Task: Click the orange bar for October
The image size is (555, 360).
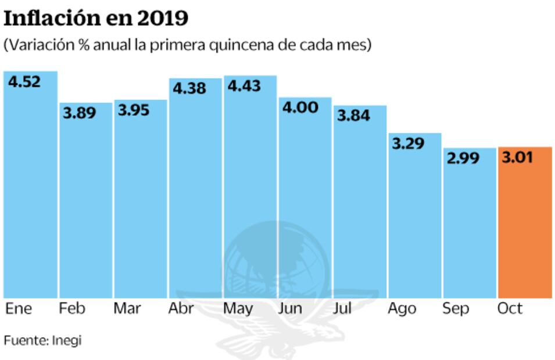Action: (x=525, y=226)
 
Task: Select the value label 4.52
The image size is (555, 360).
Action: (x=24, y=82)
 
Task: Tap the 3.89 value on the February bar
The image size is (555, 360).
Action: (x=80, y=114)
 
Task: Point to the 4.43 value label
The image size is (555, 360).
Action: (x=244, y=87)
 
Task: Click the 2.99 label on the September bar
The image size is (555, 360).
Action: (x=463, y=159)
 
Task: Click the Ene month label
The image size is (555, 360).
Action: (x=19, y=308)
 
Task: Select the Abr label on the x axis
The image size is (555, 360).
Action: (x=181, y=308)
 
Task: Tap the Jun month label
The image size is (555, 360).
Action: (x=290, y=308)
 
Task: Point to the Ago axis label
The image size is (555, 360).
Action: (x=402, y=308)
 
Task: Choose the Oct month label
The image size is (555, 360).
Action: (x=510, y=308)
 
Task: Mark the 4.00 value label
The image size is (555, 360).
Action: (x=299, y=107)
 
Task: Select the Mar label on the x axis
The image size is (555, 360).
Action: (x=127, y=308)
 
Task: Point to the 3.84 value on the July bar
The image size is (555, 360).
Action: (x=353, y=116)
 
